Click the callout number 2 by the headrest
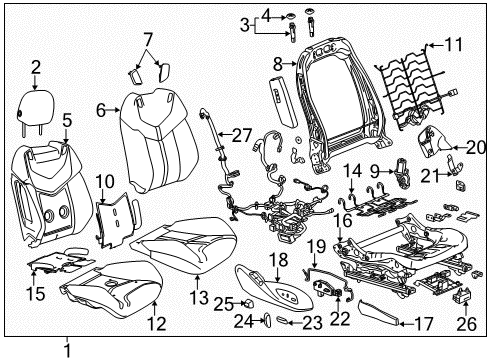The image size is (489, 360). click(x=37, y=68)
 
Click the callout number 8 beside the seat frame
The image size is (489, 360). click(x=278, y=64)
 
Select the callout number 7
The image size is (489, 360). click(x=147, y=39)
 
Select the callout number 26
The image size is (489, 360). click(x=462, y=324)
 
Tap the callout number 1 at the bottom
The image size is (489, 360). click(x=67, y=350)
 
